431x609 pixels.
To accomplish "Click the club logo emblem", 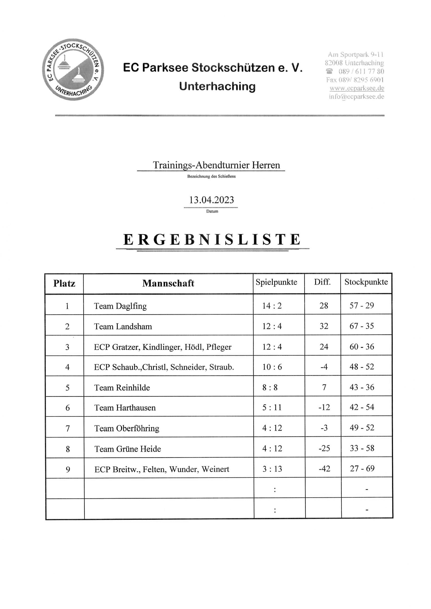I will (x=73, y=69).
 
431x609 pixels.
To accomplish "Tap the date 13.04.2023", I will (x=211, y=200).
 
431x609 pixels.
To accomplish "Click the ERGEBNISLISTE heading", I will (x=212, y=240).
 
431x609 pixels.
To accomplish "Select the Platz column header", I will (x=64, y=284).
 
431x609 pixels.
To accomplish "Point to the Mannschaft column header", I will (x=168, y=283).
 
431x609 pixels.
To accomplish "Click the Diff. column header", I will (x=322, y=282).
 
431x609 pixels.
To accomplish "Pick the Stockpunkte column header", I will (x=366, y=282).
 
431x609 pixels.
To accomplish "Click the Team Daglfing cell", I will (x=120, y=306).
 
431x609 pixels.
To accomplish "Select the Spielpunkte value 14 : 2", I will (x=272, y=306).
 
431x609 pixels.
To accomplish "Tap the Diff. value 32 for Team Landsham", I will (x=324, y=326).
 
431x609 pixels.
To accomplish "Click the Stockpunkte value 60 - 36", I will (x=362, y=346).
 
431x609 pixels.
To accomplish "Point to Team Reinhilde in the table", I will (x=122, y=388).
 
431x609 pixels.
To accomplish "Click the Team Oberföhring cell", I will (x=127, y=428).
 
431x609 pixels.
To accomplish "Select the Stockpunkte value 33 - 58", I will (x=362, y=448).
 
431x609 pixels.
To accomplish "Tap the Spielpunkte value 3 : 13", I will (x=272, y=469).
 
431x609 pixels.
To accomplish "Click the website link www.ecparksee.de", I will (x=357, y=88).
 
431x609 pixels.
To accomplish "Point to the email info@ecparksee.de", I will (x=357, y=97).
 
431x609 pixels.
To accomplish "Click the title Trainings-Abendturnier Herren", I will (x=216, y=165).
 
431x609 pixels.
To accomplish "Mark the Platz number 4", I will (x=67, y=367).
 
